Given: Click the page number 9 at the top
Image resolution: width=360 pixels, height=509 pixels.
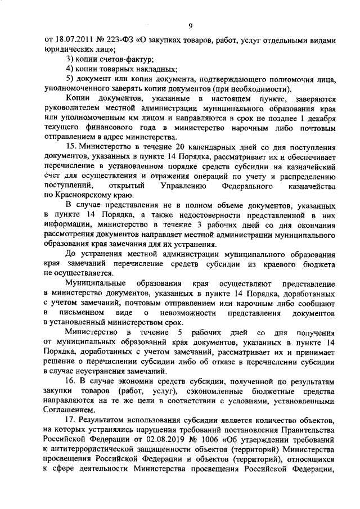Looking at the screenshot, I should click(x=191, y=25).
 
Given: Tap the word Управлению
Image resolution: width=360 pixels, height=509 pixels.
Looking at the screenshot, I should click(x=183, y=186).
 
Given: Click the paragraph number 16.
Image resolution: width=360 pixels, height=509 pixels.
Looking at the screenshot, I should click(x=70, y=380).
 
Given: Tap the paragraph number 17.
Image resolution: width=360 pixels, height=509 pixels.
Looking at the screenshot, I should click(x=70, y=420).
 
